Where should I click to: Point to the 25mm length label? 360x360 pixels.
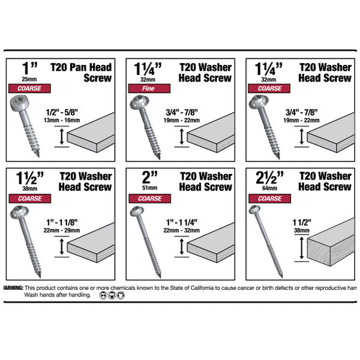(26, 79)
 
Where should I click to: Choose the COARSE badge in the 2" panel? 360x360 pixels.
(148, 198)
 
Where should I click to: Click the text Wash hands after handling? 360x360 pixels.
(58, 295)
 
